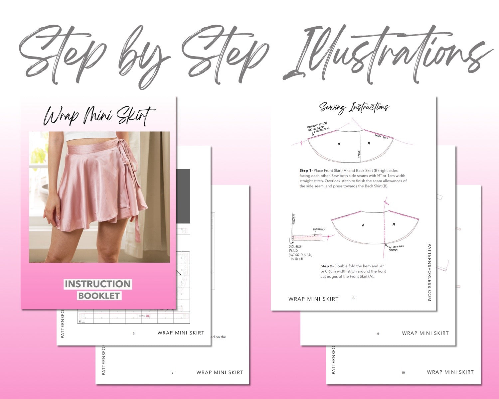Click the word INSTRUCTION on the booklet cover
(x=98, y=284)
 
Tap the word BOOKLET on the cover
(x=99, y=296)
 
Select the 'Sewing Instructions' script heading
(x=354, y=107)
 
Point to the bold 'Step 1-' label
(x=306, y=171)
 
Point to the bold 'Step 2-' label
(x=327, y=266)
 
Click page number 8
(x=353, y=298)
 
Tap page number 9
(x=378, y=333)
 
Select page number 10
(x=403, y=372)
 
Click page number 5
(x=134, y=333)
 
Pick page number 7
(x=172, y=373)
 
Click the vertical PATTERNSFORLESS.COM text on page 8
(x=429, y=273)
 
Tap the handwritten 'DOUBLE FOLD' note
(x=295, y=249)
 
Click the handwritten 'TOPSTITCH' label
(x=319, y=229)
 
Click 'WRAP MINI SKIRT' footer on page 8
(x=313, y=299)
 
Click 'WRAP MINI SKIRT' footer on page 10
(x=450, y=372)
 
